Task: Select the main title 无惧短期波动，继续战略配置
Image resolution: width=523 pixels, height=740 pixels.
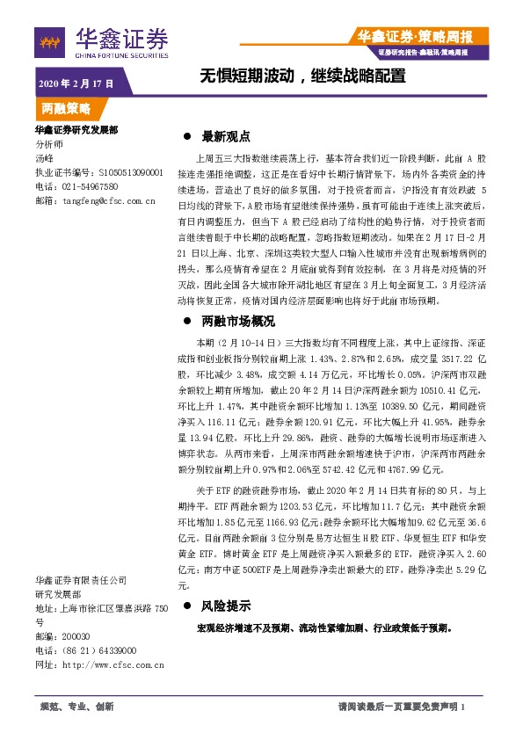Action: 302,76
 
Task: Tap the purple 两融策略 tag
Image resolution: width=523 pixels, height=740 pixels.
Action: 67,110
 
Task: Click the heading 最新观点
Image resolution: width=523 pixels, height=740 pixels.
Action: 226,137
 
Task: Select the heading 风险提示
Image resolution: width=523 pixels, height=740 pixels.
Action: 226,606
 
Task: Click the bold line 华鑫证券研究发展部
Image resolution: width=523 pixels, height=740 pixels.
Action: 76,129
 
